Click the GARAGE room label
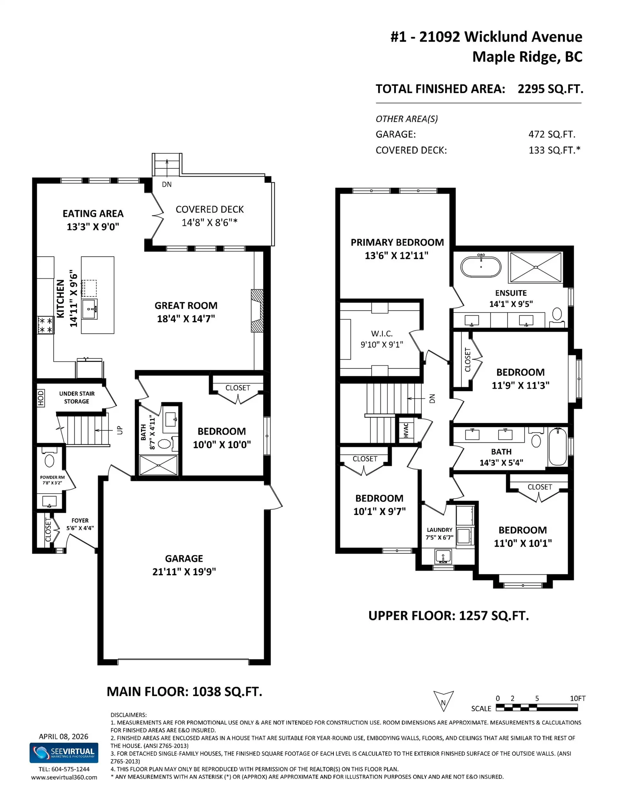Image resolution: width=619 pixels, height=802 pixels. [184, 559]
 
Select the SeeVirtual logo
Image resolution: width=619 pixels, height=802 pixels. [64, 753]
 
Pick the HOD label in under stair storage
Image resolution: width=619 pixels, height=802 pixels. [41, 398]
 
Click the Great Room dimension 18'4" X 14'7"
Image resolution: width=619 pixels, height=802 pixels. [186, 319]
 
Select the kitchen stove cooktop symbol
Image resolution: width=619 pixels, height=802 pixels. [45, 325]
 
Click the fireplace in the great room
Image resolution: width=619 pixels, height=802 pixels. [257, 311]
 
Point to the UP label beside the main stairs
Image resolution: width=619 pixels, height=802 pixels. [120, 430]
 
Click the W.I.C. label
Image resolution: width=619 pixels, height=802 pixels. [382, 333]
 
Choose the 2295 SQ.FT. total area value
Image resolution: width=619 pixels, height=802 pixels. [550, 89]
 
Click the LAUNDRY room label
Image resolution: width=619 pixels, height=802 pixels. [439, 530]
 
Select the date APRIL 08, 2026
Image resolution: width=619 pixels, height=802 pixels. [64, 736]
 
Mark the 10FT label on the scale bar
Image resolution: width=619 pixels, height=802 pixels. [577, 698]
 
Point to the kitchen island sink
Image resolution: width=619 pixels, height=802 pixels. [90, 309]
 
